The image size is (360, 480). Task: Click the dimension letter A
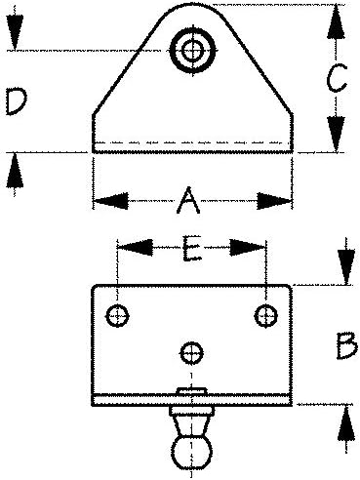[188, 201]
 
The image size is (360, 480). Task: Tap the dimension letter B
[346, 345]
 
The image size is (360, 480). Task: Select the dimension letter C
[337, 78]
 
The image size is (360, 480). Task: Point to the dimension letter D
[17, 102]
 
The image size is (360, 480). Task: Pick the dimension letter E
[192, 249]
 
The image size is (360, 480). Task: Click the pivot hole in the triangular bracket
[193, 51]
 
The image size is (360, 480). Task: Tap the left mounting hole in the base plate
[117, 315]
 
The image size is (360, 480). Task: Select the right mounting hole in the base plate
[265, 315]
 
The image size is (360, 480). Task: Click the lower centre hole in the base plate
[192, 353]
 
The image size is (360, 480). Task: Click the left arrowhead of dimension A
[110, 201]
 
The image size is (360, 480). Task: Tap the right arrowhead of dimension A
[275, 201]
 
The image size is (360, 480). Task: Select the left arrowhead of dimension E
[135, 248]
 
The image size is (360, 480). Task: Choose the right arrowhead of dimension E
[248, 248]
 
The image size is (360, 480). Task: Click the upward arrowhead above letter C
[337, 22]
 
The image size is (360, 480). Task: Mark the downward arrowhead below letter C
[337, 134]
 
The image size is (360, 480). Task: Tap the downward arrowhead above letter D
[15, 32]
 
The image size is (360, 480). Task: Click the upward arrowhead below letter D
[15, 170]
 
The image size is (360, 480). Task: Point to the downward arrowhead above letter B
[346, 267]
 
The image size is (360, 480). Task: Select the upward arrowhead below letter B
[346, 422]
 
